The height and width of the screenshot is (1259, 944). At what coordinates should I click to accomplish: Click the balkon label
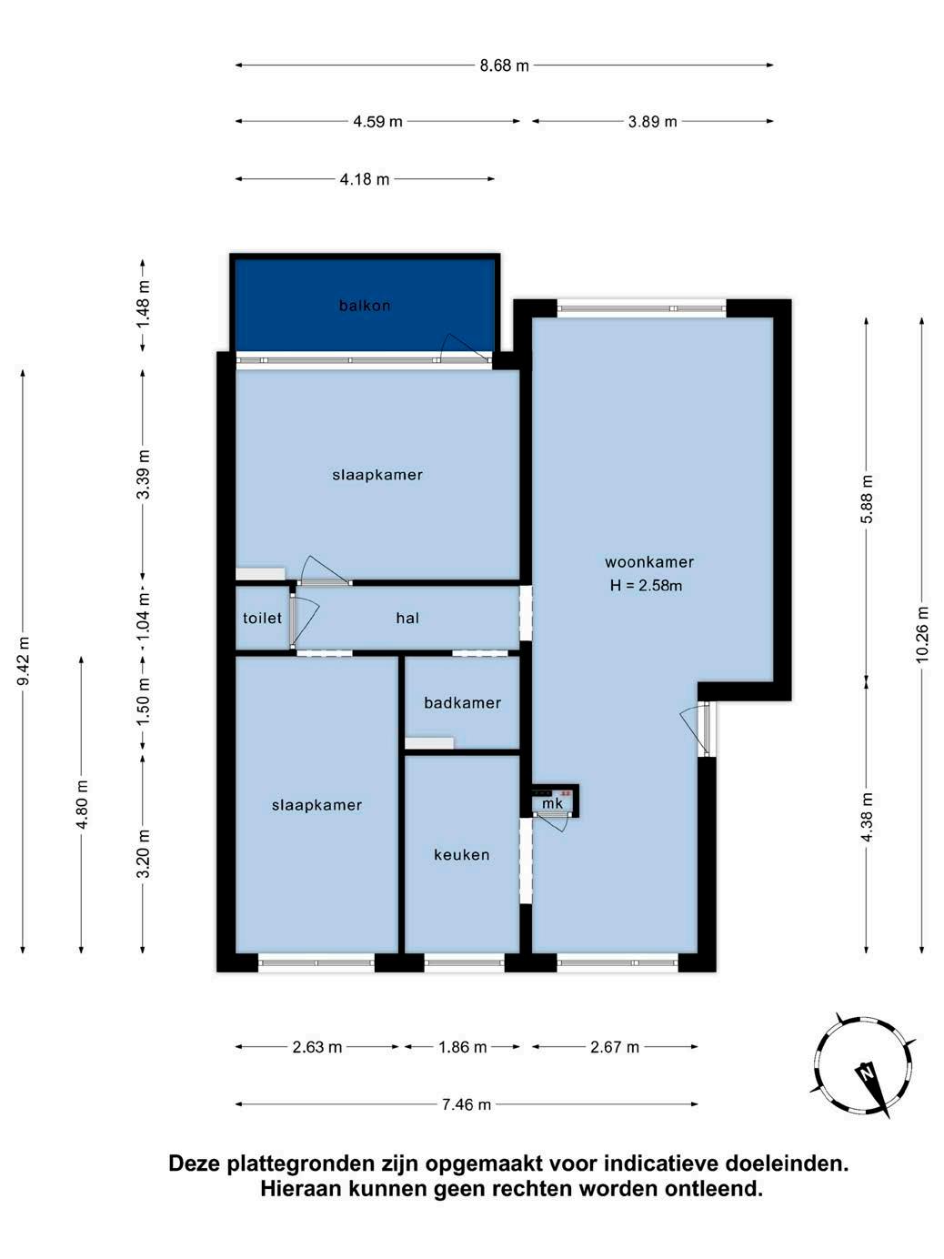tap(365, 305)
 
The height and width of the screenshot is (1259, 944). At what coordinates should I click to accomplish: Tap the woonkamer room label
tap(649, 562)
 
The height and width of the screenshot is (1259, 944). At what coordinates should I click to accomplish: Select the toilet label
tap(262, 618)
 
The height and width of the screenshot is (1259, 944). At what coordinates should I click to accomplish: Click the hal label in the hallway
tap(407, 618)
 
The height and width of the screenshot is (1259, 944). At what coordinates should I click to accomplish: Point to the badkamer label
tap(463, 702)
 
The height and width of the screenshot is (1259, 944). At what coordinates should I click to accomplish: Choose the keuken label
tap(462, 854)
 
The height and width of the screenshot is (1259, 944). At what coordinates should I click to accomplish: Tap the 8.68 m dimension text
tap(505, 65)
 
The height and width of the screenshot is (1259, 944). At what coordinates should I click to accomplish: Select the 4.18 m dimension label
tap(365, 179)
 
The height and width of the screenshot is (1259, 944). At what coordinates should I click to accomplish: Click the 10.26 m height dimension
tap(921, 634)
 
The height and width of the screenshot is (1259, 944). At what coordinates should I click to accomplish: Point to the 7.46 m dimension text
tap(467, 1104)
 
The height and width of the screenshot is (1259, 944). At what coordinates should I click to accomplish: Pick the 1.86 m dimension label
tap(463, 1047)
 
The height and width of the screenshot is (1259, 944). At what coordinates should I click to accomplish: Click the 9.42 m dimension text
tap(24, 660)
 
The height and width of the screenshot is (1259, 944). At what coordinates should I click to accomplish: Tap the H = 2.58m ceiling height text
tap(646, 586)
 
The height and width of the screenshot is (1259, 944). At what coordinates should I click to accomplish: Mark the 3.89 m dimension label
tap(652, 122)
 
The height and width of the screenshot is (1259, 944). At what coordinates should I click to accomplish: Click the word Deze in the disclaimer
tap(195, 1164)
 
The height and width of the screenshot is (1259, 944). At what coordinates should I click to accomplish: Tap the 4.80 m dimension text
tap(82, 804)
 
